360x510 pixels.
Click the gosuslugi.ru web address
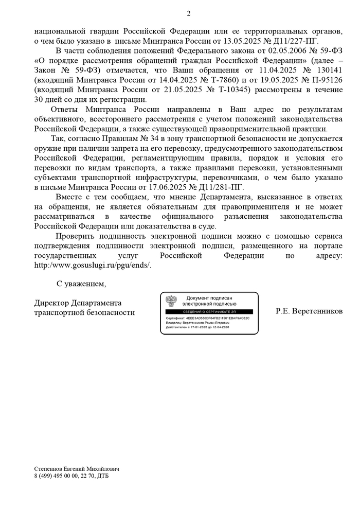[x=93, y=265]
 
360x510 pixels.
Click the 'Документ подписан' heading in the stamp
[x=210, y=298]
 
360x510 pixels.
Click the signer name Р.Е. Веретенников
[x=309, y=311]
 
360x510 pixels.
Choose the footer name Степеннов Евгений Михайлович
[x=76, y=469]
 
